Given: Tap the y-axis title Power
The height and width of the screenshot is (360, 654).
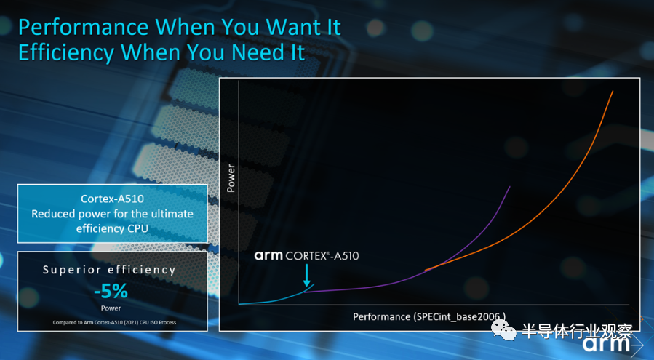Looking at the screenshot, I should tap(231, 178).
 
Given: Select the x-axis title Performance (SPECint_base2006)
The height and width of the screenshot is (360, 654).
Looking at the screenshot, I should tap(429, 316).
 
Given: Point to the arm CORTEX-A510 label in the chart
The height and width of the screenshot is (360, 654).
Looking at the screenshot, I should tap(306, 255).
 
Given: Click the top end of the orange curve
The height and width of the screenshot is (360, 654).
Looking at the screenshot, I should tap(613, 92).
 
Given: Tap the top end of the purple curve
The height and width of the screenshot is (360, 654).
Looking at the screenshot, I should tap(509, 188).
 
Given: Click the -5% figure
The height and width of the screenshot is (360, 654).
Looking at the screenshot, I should tap(111, 292).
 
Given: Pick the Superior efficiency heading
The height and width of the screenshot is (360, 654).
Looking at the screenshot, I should tap(109, 270).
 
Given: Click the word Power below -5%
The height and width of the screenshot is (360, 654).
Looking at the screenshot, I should tap(111, 307).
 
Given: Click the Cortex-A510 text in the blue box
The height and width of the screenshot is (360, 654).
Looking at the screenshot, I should tap(111, 199).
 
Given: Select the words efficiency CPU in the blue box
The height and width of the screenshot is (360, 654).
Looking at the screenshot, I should tap(111, 228).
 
